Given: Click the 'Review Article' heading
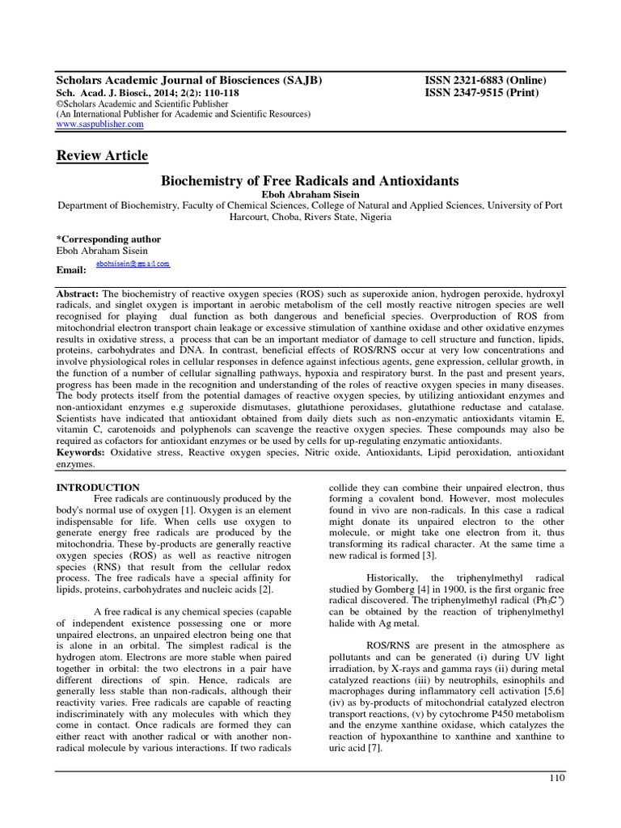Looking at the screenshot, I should click(x=101, y=155).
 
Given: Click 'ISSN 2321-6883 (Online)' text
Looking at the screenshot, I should click(x=485, y=81).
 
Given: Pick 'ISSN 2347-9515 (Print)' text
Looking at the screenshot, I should click(x=482, y=93).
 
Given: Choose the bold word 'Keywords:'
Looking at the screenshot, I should click(x=81, y=454).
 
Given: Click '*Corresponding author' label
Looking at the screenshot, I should click(x=108, y=239).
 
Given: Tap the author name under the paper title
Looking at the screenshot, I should click(x=310, y=194).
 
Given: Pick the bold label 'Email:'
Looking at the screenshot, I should click(x=70, y=268).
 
